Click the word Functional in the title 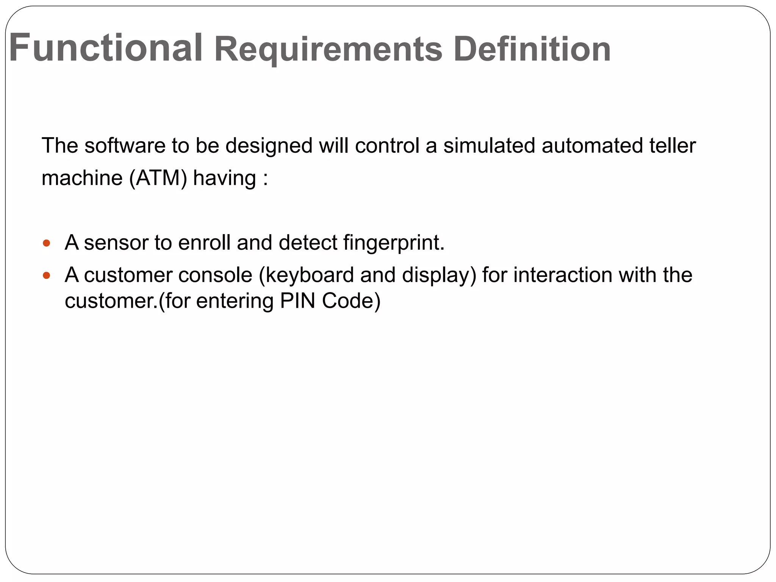pyautogui.click(x=105, y=48)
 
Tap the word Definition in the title pyautogui.click(x=532, y=49)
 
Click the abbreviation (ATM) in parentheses pyautogui.click(x=158, y=178)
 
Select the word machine pyautogui.click(x=82, y=178)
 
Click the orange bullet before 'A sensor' pyautogui.click(x=46, y=243)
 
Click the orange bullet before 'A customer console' pyautogui.click(x=46, y=275)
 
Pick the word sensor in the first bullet pyautogui.click(x=116, y=243)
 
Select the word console pyautogui.click(x=215, y=275)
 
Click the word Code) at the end pyautogui.click(x=351, y=301)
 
